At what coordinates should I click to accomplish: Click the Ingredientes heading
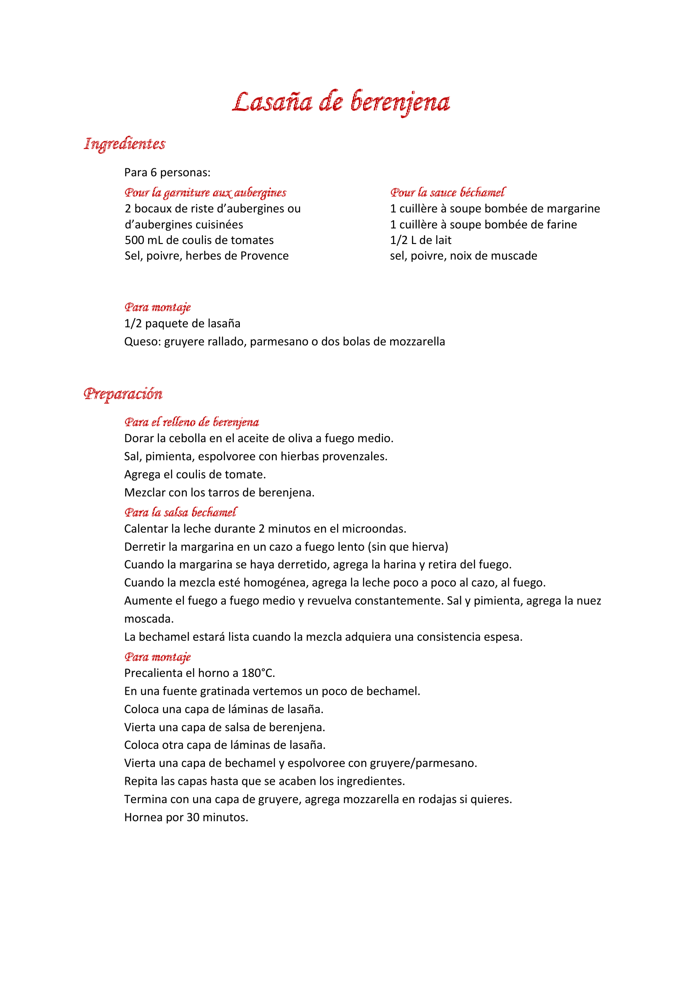[125, 143]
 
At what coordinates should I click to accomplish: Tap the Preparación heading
[123, 393]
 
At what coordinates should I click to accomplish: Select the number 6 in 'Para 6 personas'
[154, 173]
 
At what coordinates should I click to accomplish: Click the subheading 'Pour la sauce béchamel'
[447, 192]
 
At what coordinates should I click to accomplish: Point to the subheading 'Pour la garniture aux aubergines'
[205, 192]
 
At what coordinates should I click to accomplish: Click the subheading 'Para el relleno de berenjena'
[191, 422]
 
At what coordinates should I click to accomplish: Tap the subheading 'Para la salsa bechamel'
[181, 512]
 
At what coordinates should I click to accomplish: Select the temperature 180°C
[258, 673]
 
